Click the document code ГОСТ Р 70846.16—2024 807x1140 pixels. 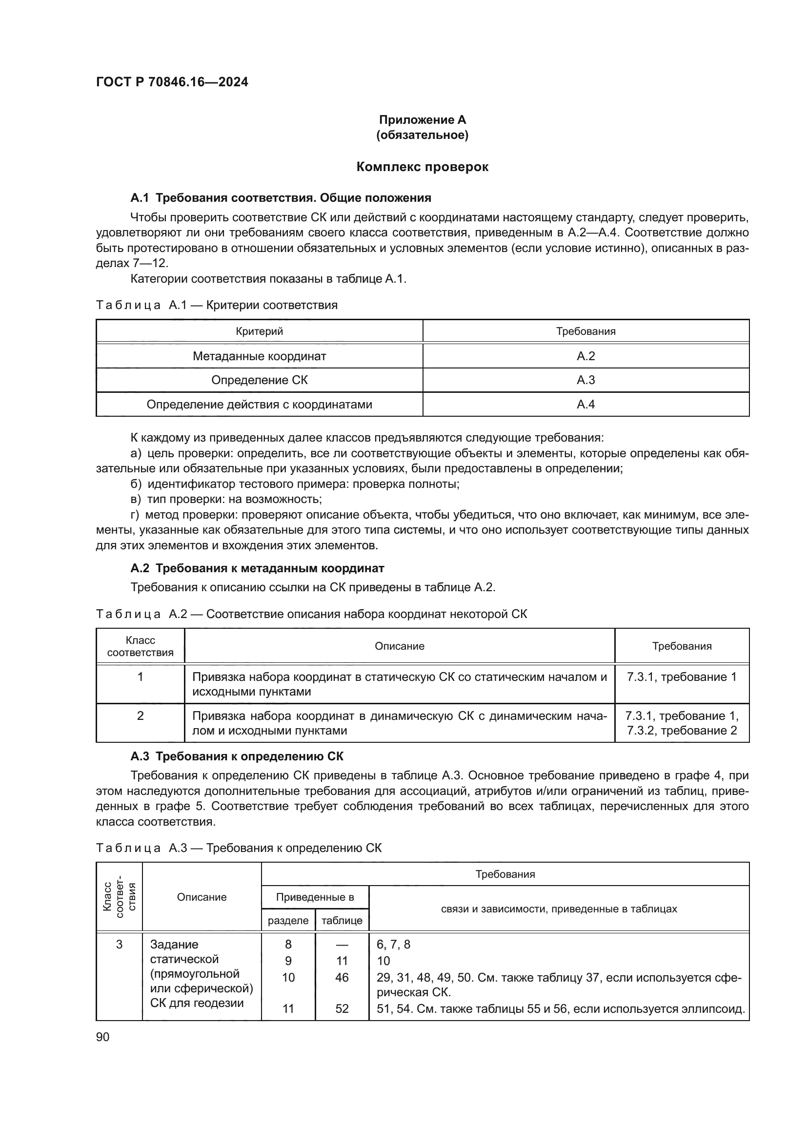172,82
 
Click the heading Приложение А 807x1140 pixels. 422,120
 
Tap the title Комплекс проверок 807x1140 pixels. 422,167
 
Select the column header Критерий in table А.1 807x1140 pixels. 259,331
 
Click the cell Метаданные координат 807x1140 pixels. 259,356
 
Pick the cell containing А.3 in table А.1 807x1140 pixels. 585,380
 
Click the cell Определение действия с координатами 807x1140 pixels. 259,405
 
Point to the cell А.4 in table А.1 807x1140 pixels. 585,405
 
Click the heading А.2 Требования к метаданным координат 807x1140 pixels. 257,568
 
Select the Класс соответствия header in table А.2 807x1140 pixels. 140,646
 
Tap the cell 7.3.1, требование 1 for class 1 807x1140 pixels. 681,677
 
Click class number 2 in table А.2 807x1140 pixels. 140,715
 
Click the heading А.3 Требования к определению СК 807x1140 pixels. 237,757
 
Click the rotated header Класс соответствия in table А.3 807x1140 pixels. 119,897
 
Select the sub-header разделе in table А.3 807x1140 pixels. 288,921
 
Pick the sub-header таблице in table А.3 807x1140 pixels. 342,921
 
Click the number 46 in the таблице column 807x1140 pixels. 342,978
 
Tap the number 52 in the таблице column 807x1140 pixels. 342,1008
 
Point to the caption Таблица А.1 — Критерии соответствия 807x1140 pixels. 217,305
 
